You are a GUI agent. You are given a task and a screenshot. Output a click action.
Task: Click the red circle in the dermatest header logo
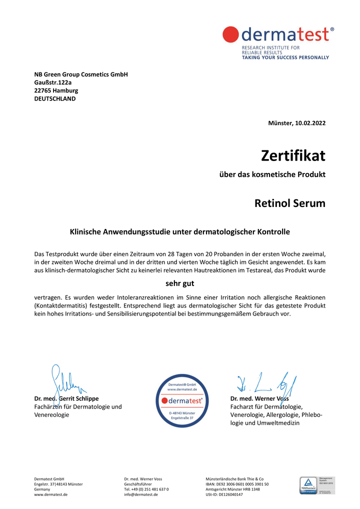[231, 34]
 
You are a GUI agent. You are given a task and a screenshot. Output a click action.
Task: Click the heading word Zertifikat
[293, 155]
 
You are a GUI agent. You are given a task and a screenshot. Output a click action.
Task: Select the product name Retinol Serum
[289, 203]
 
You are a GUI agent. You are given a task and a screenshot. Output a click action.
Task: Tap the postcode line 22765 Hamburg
[56, 90]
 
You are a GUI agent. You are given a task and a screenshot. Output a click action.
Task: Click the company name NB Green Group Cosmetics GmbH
[81, 74]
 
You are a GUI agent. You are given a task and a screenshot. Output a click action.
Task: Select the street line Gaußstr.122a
[53, 82]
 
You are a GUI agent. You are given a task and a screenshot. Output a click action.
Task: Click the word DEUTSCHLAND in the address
[55, 98]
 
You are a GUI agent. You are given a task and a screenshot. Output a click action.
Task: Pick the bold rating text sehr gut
[179, 283]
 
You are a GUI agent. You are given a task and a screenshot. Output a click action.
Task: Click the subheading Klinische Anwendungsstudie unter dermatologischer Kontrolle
[179, 232]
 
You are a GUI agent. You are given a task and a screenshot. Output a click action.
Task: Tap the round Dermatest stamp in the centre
[181, 400]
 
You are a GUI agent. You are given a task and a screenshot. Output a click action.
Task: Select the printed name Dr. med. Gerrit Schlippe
[66, 398]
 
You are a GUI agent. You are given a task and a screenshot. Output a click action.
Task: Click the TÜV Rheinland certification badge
[317, 485]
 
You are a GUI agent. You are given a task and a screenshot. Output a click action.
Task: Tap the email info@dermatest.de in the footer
[141, 494]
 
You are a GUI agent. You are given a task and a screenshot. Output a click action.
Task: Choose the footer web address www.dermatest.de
[51, 494]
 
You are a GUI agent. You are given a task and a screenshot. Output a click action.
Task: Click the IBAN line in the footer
[237, 484]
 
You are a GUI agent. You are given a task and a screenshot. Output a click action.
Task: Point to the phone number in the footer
[146, 489]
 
